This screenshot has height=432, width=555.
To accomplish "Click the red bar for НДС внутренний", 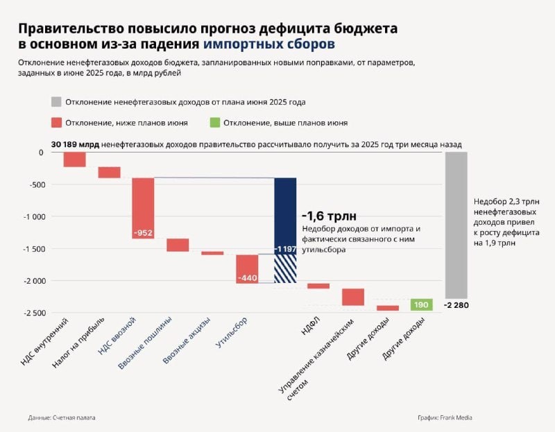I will point(74,159).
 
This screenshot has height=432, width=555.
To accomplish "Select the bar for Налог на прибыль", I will point(109,172).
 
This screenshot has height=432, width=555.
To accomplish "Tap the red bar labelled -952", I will point(143,208).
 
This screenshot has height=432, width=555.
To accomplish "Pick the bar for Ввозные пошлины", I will point(178,245).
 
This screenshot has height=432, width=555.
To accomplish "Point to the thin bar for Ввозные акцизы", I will point(212,253).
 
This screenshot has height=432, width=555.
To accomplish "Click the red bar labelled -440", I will point(247,269).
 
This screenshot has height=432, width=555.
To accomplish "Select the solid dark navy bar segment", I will point(284,215).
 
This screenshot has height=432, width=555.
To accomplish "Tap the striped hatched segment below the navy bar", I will point(284,269).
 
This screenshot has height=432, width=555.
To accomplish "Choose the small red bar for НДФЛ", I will point(318,286).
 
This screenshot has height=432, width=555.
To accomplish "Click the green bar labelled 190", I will point(421,304).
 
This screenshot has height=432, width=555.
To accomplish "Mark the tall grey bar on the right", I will point(456,225).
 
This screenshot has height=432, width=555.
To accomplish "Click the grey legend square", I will point(56,102).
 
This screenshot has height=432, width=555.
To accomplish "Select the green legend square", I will point(214,123).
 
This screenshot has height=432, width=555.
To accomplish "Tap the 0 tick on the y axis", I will point(41,152).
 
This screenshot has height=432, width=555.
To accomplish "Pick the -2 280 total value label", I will point(457,306).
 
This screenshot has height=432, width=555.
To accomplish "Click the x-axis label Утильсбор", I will point(232,333).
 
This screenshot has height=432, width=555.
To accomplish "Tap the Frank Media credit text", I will point(450,417).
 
